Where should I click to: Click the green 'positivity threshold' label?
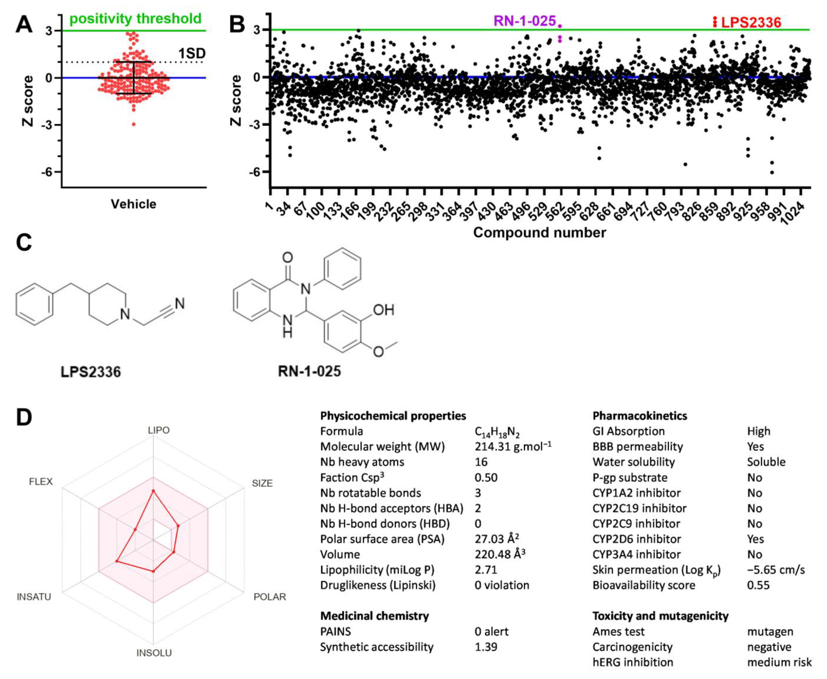135,18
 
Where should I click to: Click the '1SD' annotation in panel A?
192,53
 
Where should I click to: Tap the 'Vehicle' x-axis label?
133,204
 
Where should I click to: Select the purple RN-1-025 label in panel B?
524,21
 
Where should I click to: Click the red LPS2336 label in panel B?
751,22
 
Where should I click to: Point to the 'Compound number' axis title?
539,232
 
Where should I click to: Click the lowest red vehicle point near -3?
134,124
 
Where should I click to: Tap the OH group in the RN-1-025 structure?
383,310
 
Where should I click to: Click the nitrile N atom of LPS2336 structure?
179,304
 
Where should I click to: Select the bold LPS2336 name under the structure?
90,372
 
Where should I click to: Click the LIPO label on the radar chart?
159,430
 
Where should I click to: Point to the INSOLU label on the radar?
154,653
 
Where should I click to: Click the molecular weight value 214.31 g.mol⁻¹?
512,447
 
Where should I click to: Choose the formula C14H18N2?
497,432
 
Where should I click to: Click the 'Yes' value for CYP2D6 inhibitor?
755,539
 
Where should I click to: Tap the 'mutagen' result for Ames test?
770,631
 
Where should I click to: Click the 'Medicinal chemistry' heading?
374,616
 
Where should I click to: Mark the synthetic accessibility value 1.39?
486,647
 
